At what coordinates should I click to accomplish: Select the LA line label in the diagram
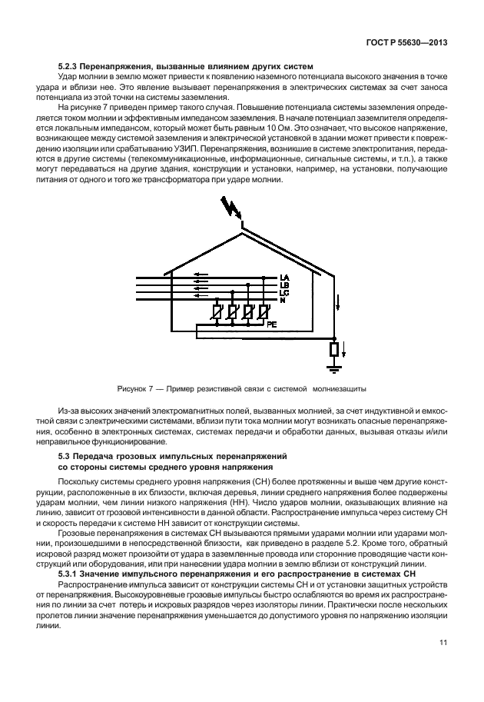click(x=284, y=278)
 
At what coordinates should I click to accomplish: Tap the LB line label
click(x=284, y=285)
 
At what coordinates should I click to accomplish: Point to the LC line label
click(x=284, y=293)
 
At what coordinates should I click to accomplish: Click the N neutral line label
click(x=283, y=300)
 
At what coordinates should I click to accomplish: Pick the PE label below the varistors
click(x=271, y=325)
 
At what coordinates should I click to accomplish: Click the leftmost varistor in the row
click(x=217, y=313)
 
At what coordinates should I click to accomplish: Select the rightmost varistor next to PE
click(x=263, y=313)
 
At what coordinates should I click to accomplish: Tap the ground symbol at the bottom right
click(x=333, y=370)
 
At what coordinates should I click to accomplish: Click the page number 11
click(x=443, y=643)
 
